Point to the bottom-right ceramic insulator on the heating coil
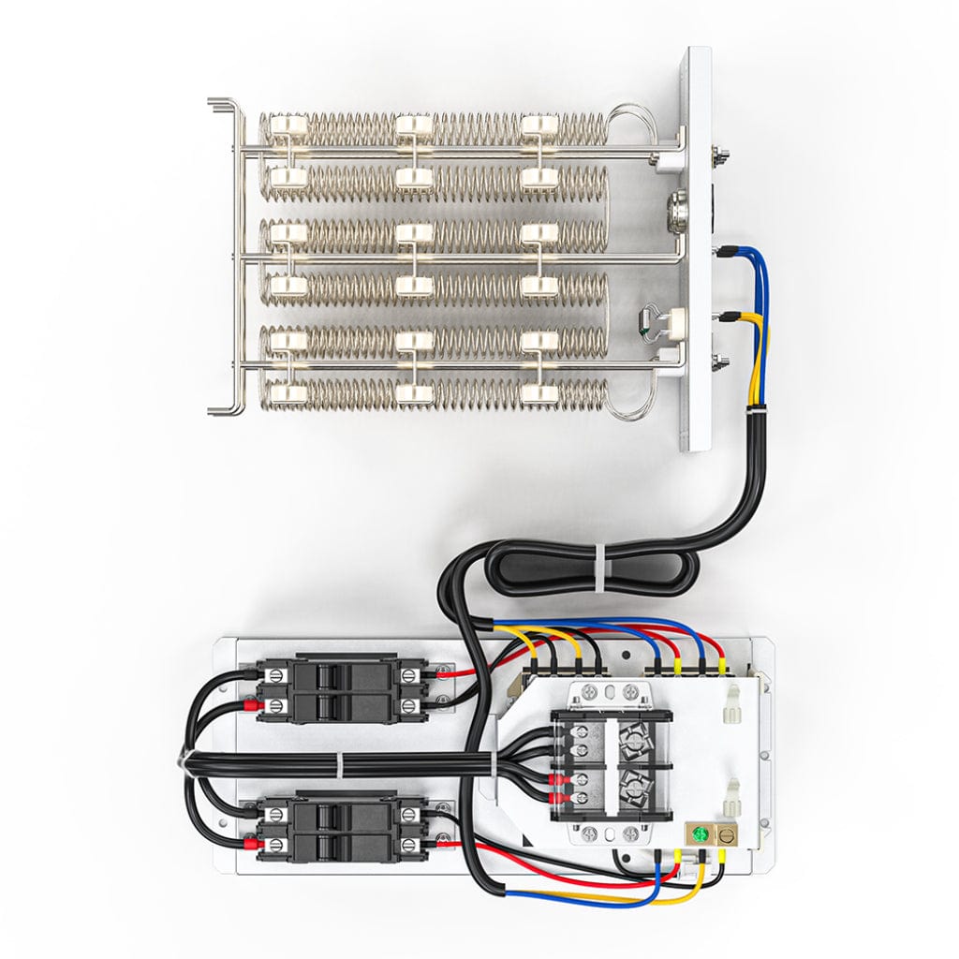point(539,393)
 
